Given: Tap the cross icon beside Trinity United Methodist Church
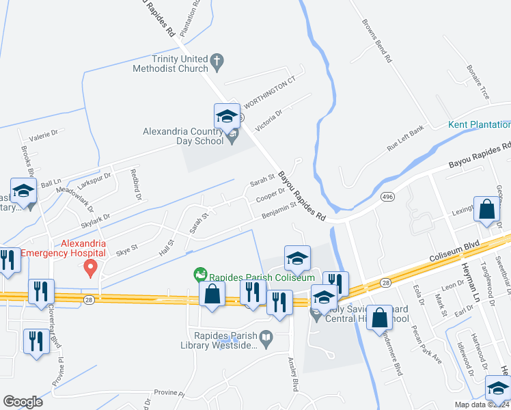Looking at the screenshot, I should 217,61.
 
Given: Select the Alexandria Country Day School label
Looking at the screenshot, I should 183,136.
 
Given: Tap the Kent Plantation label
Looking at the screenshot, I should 479,124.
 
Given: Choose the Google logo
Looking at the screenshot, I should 23,402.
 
